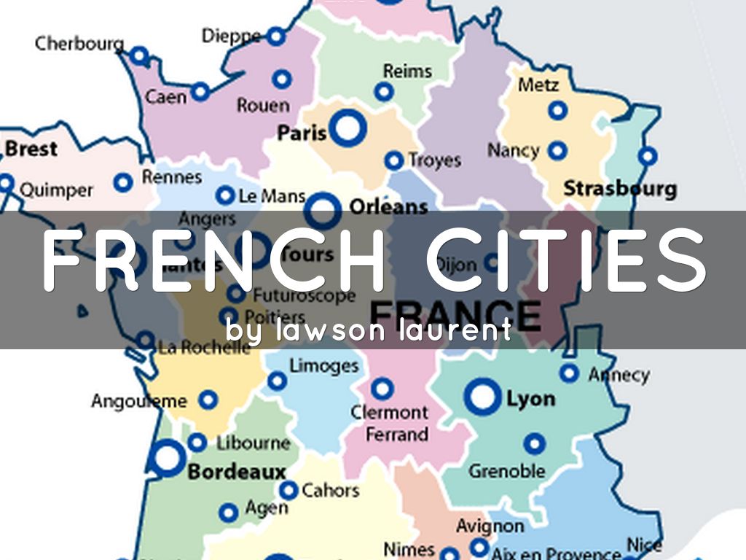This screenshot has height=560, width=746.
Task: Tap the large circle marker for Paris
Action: coord(348,128)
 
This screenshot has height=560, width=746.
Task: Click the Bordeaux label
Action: coord(237,472)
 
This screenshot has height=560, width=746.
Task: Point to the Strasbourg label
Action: coord(620,189)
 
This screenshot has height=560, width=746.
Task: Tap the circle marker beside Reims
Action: coord(384,93)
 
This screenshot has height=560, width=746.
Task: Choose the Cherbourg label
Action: coord(79,43)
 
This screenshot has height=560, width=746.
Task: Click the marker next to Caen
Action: coord(200,92)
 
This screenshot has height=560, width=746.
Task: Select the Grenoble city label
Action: coord(506,470)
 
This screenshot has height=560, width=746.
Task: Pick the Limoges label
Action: coord(324,365)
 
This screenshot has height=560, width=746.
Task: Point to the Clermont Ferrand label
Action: coord(389,423)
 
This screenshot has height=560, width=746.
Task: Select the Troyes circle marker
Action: coord(394,160)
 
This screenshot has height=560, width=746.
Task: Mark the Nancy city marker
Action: coord(557,151)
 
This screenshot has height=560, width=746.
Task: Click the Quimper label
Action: coord(56,190)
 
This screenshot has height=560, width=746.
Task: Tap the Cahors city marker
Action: coord(289,491)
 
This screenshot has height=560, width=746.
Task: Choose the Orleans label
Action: coord(388,207)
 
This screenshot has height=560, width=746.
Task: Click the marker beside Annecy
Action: coord(570,373)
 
